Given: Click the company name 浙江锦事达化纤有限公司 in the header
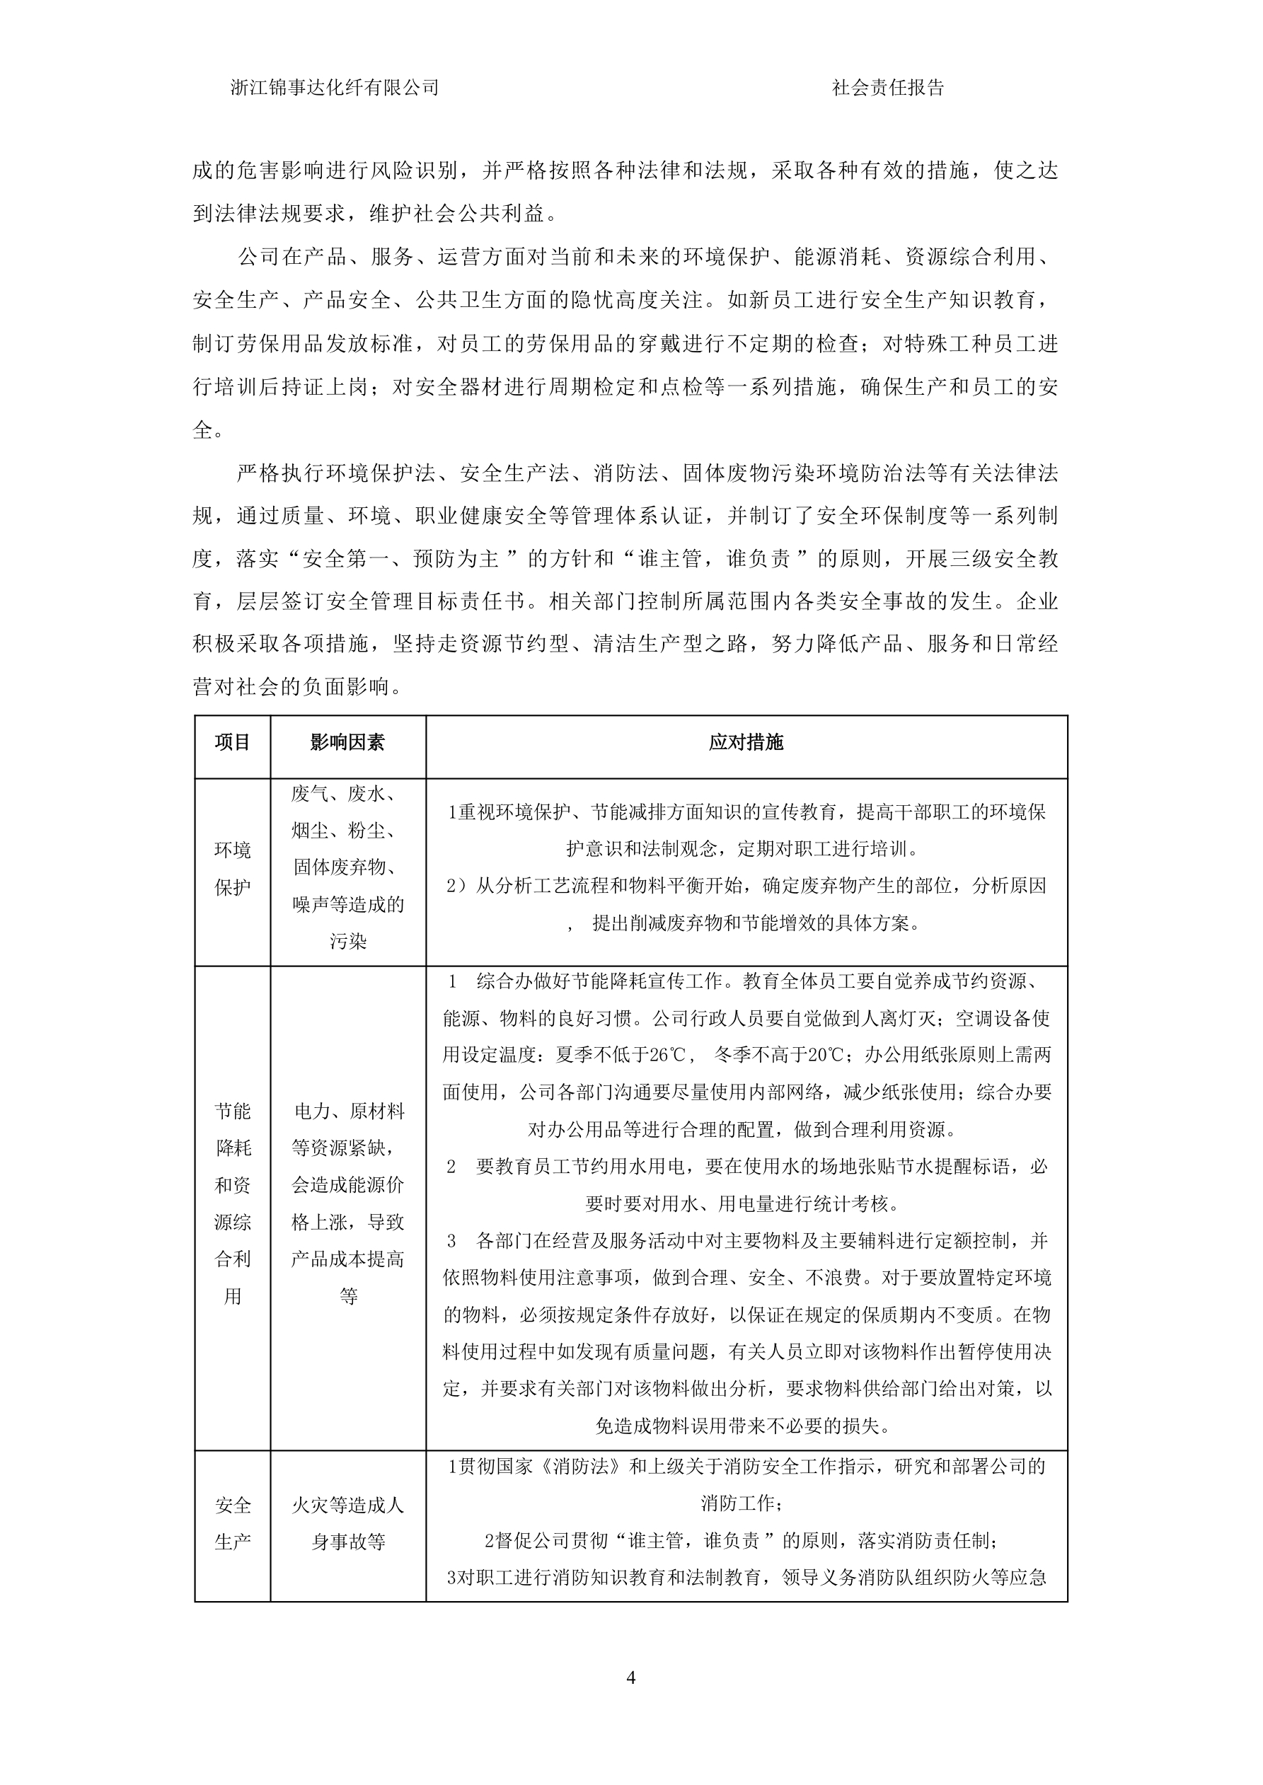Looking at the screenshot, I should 335,88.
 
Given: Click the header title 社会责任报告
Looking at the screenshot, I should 887,88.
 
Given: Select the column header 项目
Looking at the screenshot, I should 233,742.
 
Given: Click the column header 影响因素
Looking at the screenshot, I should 347,742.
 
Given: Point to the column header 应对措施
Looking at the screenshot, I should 746,742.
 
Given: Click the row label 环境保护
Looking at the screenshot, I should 233,868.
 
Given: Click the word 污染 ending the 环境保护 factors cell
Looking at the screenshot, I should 347,942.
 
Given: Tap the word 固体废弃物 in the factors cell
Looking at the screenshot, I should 347,867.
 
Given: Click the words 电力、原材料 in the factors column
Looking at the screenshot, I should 347,1111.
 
